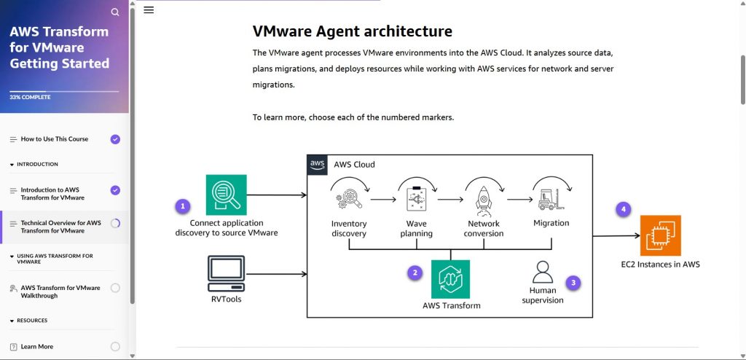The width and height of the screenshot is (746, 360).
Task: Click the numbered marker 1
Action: [x=183, y=206]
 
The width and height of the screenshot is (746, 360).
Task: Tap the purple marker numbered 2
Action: [x=415, y=273]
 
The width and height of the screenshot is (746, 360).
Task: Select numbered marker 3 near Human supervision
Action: [x=573, y=282]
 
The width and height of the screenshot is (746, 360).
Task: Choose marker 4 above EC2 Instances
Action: [x=622, y=209]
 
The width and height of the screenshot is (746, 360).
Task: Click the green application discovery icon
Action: [x=226, y=195]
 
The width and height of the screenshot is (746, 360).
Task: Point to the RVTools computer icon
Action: [x=226, y=273]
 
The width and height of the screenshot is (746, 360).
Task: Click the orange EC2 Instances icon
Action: [x=660, y=235]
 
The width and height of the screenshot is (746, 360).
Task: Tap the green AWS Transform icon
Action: [x=450, y=279]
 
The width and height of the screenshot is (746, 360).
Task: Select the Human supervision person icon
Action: [x=543, y=272]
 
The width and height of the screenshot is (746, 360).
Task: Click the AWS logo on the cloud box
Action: [x=317, y=164]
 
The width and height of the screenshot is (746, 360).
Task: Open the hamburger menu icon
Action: [x=149, y=10]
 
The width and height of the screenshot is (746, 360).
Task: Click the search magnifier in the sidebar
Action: [x=115, y=12]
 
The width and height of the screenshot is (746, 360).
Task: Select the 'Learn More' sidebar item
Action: [x=36, y=347]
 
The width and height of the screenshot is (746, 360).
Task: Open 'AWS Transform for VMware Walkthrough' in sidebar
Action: [x=60, y=291]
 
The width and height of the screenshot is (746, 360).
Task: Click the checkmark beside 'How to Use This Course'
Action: [x=115, y=139]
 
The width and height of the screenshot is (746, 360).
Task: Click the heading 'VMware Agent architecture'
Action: [x=352, y=31]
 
